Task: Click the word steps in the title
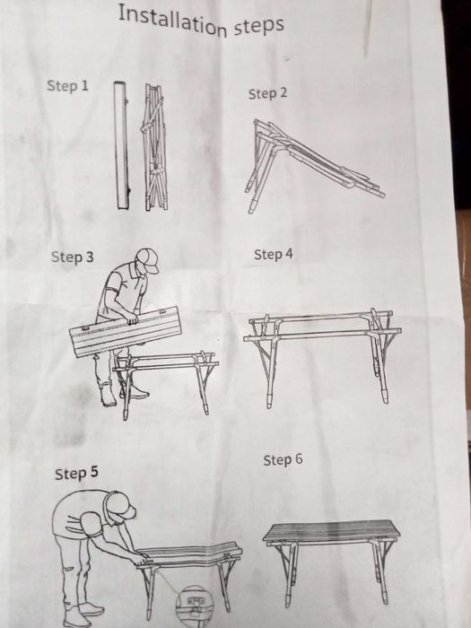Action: pyautogui.click(x=258, y=25)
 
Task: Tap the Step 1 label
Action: pyautogui.click(x=67, y=85)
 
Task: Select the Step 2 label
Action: pyautogui.click(x=267, y=93)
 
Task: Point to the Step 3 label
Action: pyautogui.click(x=72, y=257)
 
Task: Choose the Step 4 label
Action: pyautogui.click(x=274, y=254)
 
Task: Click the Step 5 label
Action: pyautogui.click(x=76, y=473)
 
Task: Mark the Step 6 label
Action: pyautogui.click(x=283, y=459)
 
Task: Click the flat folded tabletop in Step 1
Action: pyautogui.click(x=121, y=145)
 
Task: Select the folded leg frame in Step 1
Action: pyautogui.click(x=155, y=147)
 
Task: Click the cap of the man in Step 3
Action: pyautogui.click(x=148, y=259)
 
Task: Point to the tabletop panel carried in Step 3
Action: pyautogui.click(x=126, y=332)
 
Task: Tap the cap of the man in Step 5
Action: pyautogui.click(x=121, y=506)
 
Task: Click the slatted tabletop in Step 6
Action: pyautogui.click(x=332, y=531)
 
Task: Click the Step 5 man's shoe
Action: pyautogui.click(x=92, y=609)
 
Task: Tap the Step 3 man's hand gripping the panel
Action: pyautogui.click(x=131, y=318)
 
